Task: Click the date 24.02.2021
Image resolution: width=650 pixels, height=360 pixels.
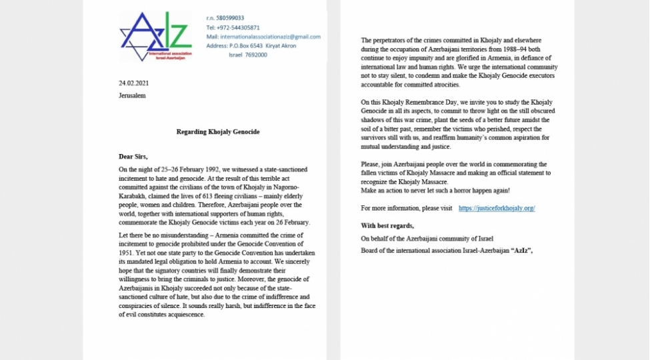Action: tap(133, 83)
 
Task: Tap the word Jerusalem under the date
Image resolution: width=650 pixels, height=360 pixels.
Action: tap(132, 95)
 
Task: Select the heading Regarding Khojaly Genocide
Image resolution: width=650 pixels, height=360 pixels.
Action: tap(218, 132)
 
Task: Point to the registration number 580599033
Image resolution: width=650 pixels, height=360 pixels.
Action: tap(235, 18)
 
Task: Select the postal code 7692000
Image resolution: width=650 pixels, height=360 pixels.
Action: tap(257, 55)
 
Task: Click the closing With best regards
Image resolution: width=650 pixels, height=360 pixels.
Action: tap(387, 226)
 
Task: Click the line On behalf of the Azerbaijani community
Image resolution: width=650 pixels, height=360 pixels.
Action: tap(427, 239)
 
